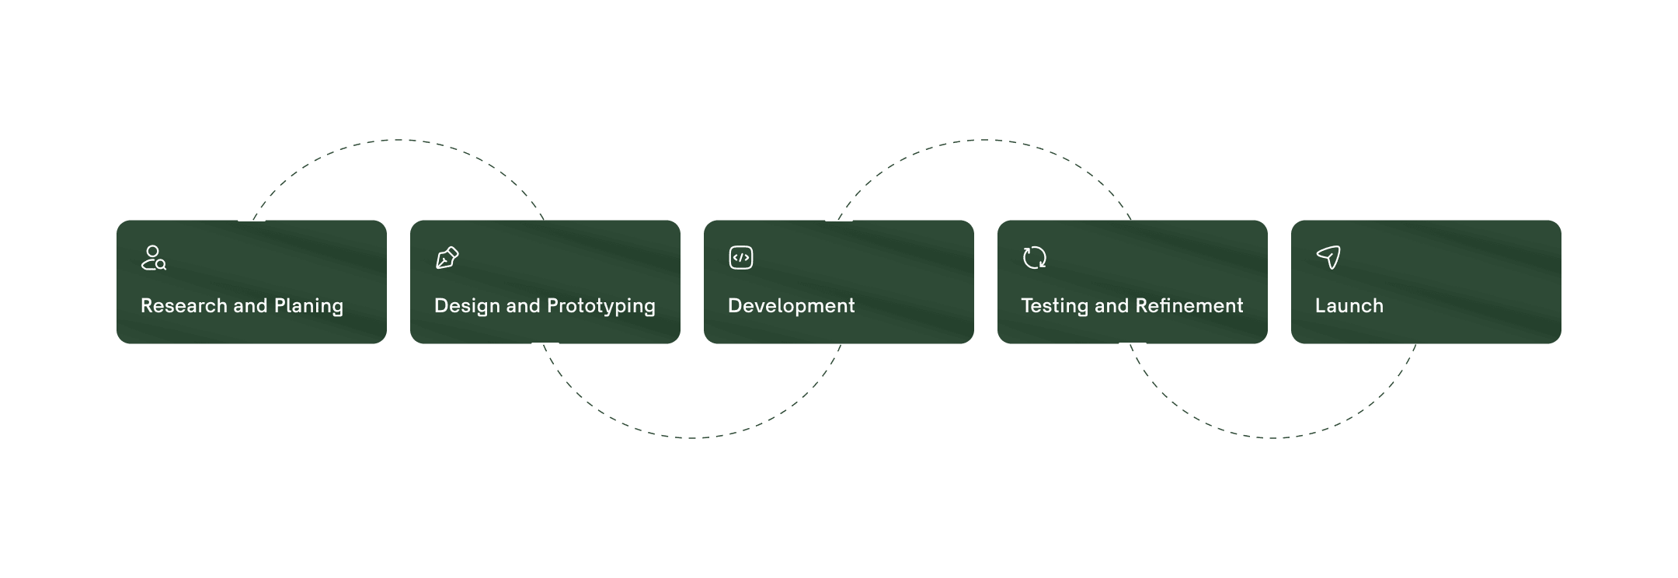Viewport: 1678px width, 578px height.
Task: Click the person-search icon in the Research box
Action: [x=153, y=258]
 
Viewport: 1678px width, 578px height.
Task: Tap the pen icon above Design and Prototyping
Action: [x=447, y=258]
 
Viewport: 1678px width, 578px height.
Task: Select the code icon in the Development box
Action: [x=741, y=258]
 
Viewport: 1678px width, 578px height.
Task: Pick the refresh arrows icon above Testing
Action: [x=1035, y=258]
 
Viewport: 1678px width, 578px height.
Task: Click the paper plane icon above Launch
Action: [x=1328, y=257]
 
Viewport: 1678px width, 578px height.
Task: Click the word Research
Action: [x=183, y=306]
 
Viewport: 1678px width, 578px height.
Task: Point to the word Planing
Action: [x=308, y=306]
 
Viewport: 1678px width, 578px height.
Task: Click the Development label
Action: [x=791, y=306]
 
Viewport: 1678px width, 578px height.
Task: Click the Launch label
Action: [x=1349, y=306]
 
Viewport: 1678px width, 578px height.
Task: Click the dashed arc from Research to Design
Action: [x=398, y=141]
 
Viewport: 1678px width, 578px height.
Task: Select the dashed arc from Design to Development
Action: [x=691, y=437]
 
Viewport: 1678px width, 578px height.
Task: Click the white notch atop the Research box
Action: [x=251, y=221]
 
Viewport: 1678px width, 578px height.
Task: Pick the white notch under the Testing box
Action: [x=1132, y=343]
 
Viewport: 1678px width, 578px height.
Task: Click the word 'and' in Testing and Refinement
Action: [x=1112, y=306]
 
